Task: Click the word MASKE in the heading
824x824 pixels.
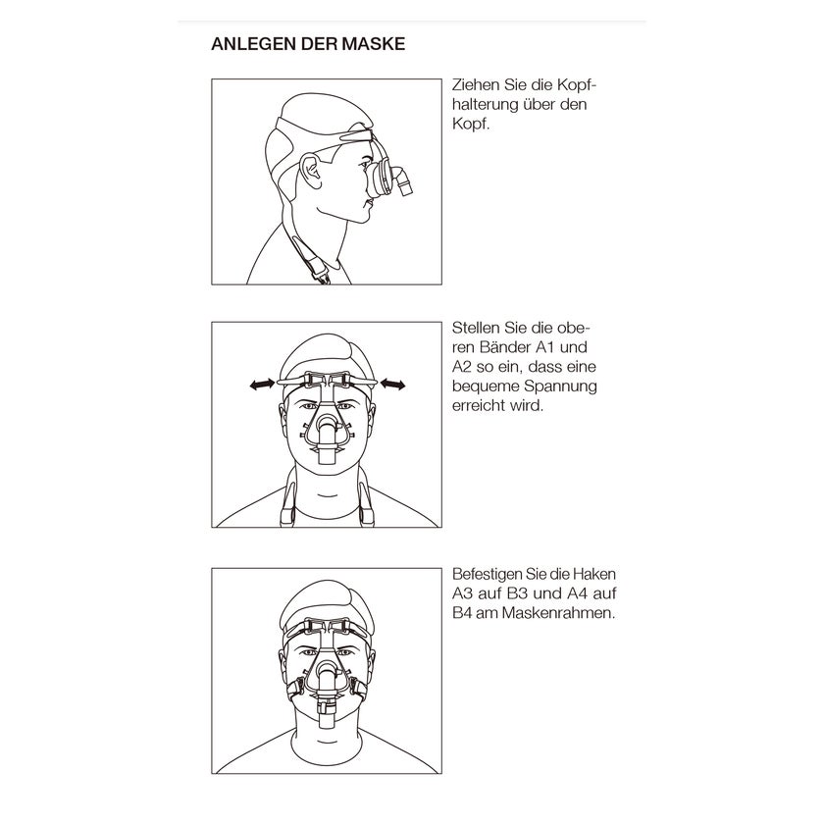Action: [x=374, y=44]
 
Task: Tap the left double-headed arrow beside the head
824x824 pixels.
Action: [x=262, y=386]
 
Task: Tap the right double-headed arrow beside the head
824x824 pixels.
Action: [x=392, y=386]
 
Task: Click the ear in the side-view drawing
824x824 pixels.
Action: [x=310, y=171]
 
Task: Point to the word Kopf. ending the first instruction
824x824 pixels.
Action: [x=471, y=124]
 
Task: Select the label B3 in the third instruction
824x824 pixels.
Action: [x=517, y=593]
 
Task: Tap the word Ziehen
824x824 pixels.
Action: [x=476, y=85]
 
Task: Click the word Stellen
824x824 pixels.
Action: [x=476, y=328]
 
